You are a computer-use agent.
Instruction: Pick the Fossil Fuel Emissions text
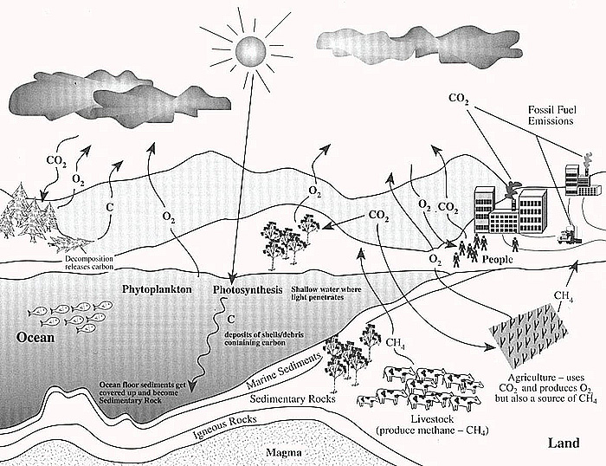(551, 116)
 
